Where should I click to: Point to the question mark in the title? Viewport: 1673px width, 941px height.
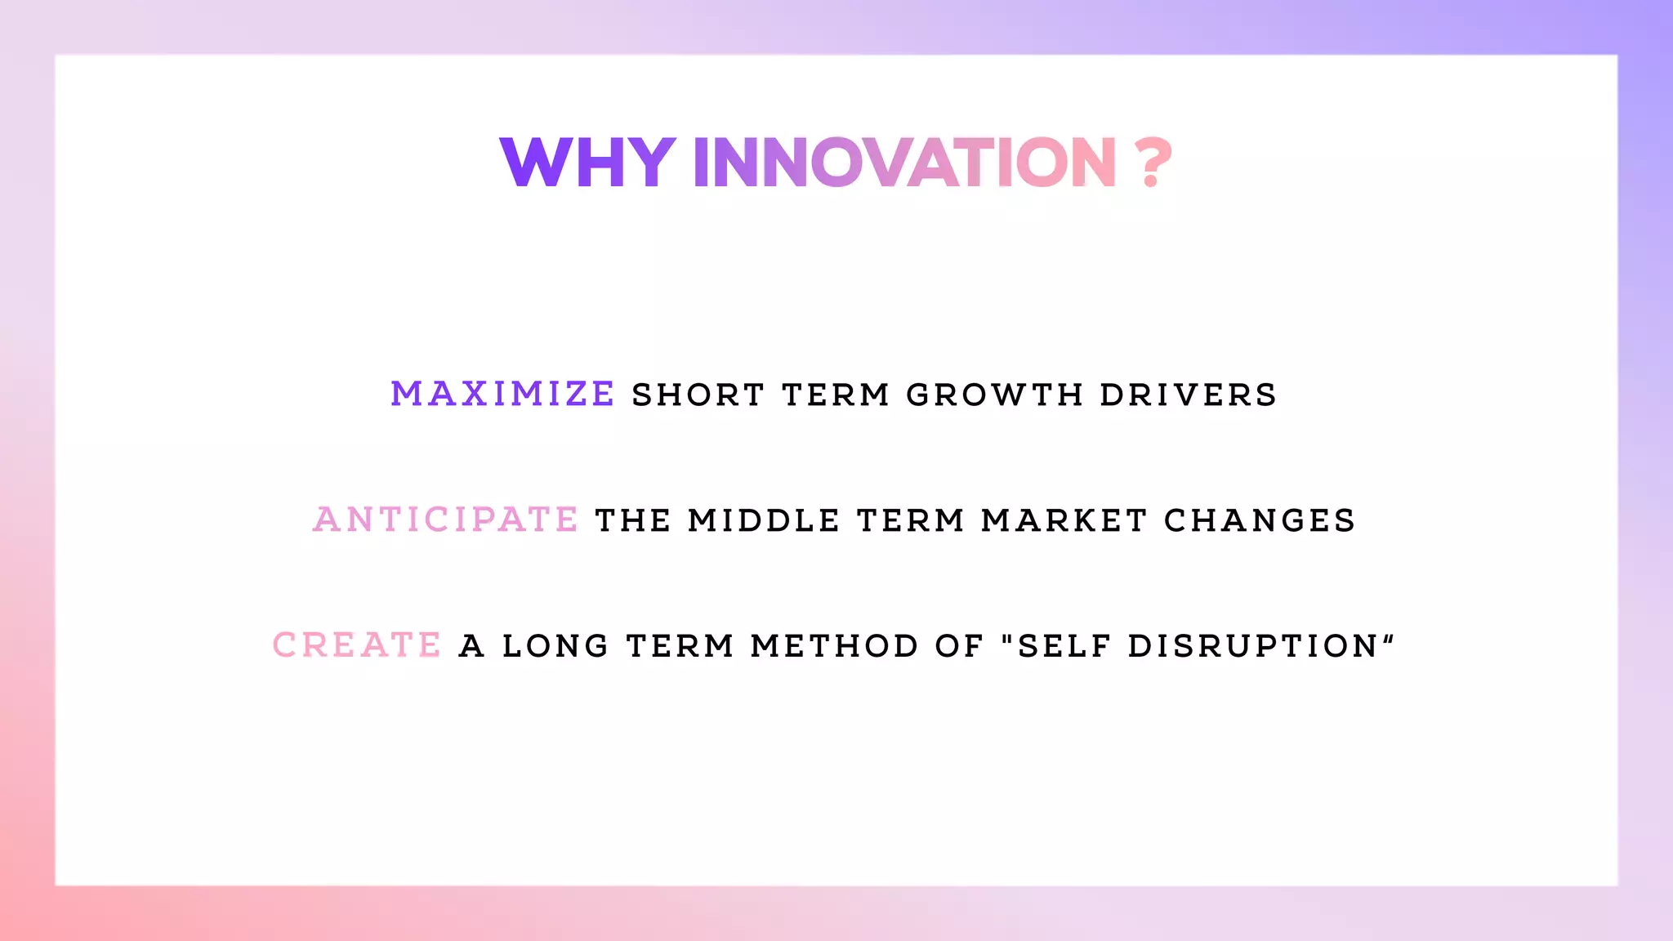[1153, 163]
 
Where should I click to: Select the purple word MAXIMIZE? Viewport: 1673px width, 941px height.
[502, 394]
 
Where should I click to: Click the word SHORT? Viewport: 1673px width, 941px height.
[698, 395]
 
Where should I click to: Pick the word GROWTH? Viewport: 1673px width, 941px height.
[994, 395]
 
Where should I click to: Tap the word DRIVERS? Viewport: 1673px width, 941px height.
[1188, 395]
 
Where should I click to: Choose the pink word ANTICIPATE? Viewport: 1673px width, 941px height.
[446, 520]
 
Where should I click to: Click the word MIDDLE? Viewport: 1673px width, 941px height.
[764, 520]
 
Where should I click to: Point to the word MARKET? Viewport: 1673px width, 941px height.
[1064, 520]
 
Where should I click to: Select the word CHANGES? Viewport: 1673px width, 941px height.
[1259, 520]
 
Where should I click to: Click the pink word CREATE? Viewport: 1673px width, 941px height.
[357, 645]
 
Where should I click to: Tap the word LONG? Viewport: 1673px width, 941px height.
[555, 646]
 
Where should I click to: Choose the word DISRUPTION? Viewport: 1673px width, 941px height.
[1253, 646]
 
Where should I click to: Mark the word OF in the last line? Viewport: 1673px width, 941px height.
[959, 646]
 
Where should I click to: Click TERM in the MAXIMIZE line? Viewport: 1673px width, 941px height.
[835, 395]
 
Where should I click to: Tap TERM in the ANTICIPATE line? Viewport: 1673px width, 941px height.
[910, 520]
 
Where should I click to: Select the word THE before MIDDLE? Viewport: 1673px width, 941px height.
[633, 520]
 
